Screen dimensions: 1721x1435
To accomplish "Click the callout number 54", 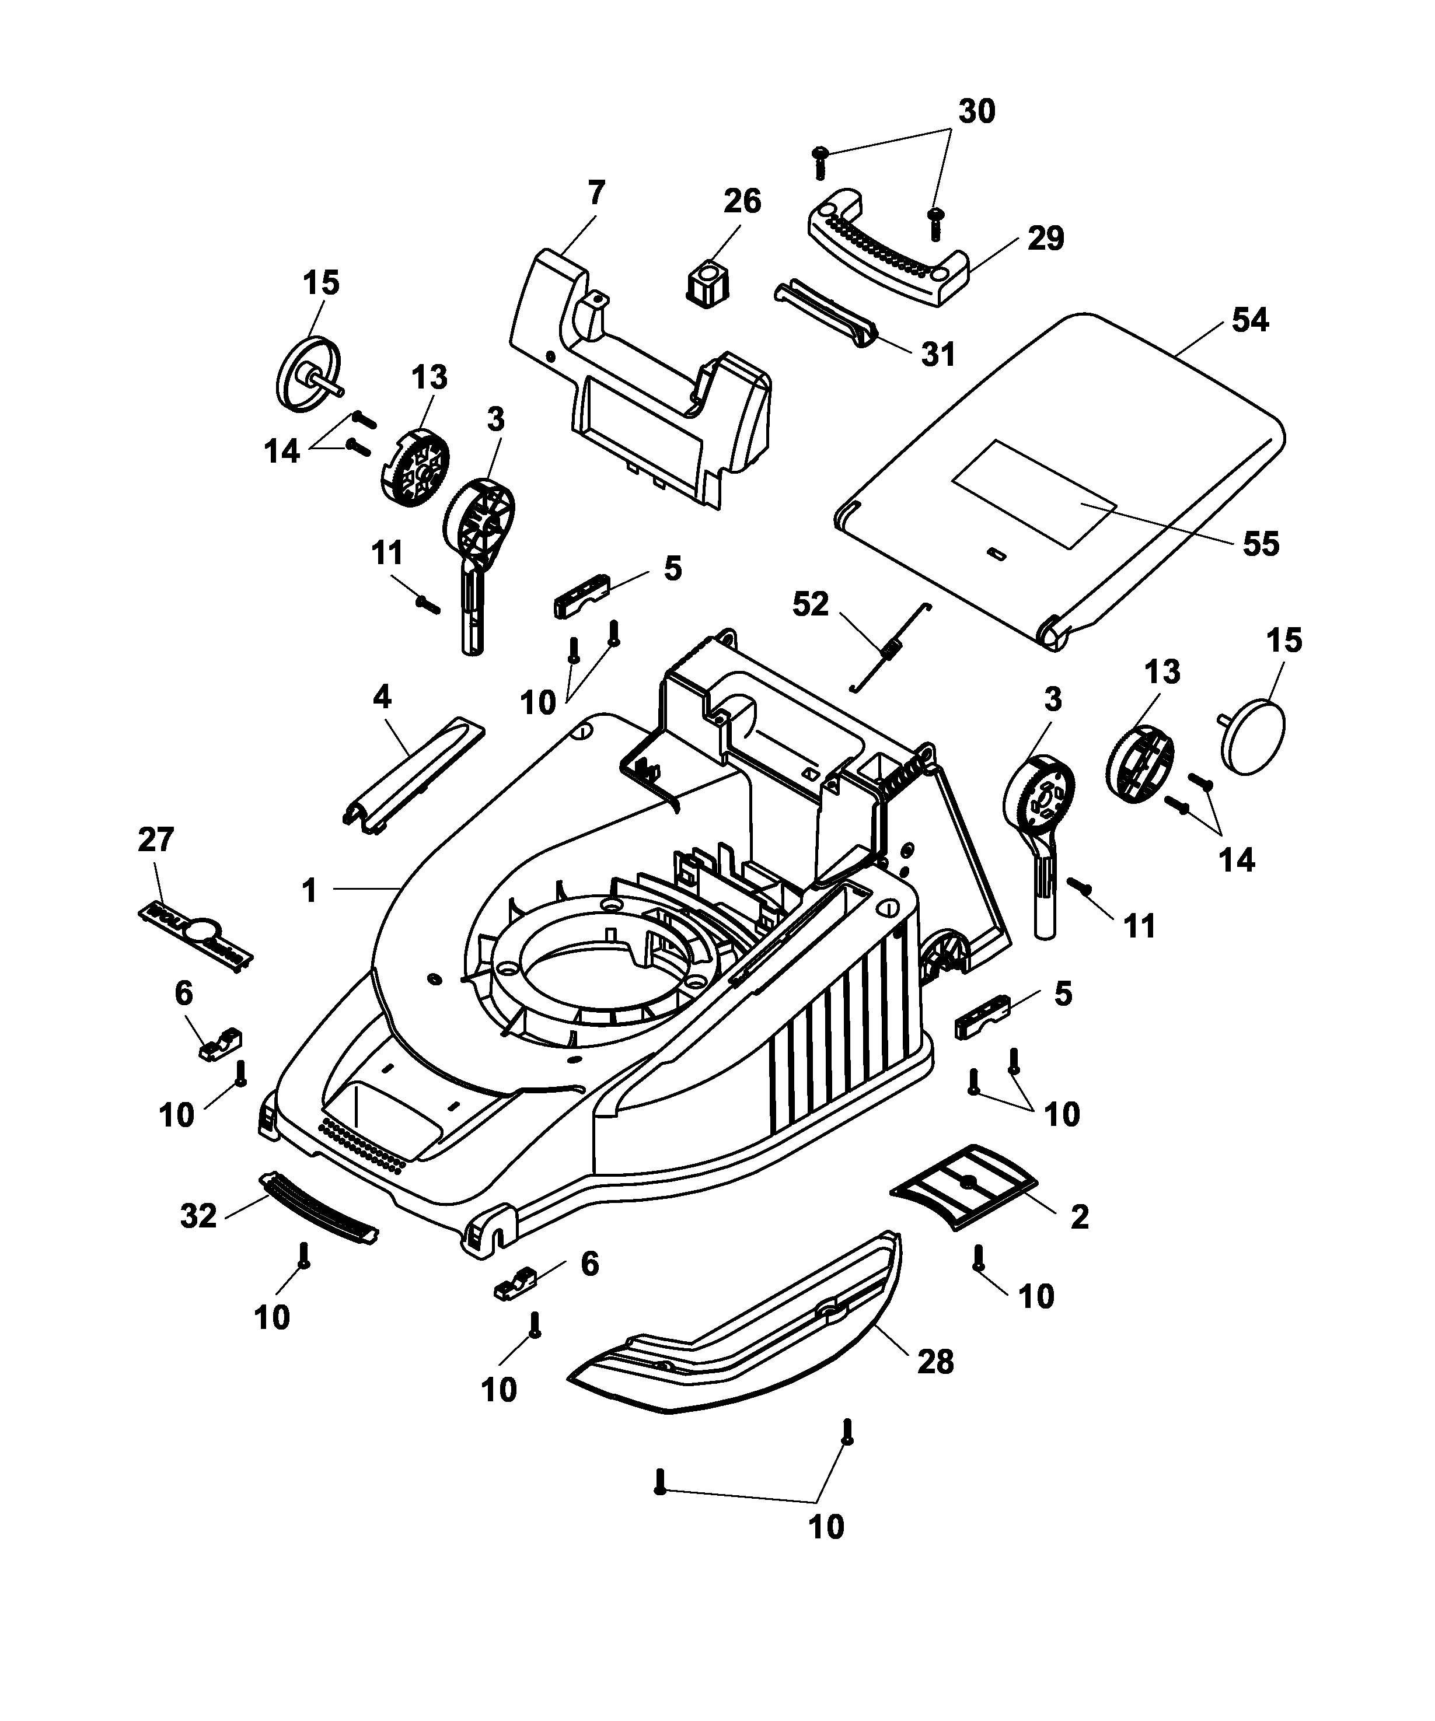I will pos(1249,320).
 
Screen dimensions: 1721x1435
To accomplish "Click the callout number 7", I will pos(596,194).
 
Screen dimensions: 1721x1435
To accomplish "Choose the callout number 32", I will pos(198,1216).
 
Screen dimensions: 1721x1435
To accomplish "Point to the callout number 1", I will pos(309,891).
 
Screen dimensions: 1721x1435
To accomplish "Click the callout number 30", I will pos(977,111).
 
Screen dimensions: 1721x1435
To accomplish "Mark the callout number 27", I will pos(156,840).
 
